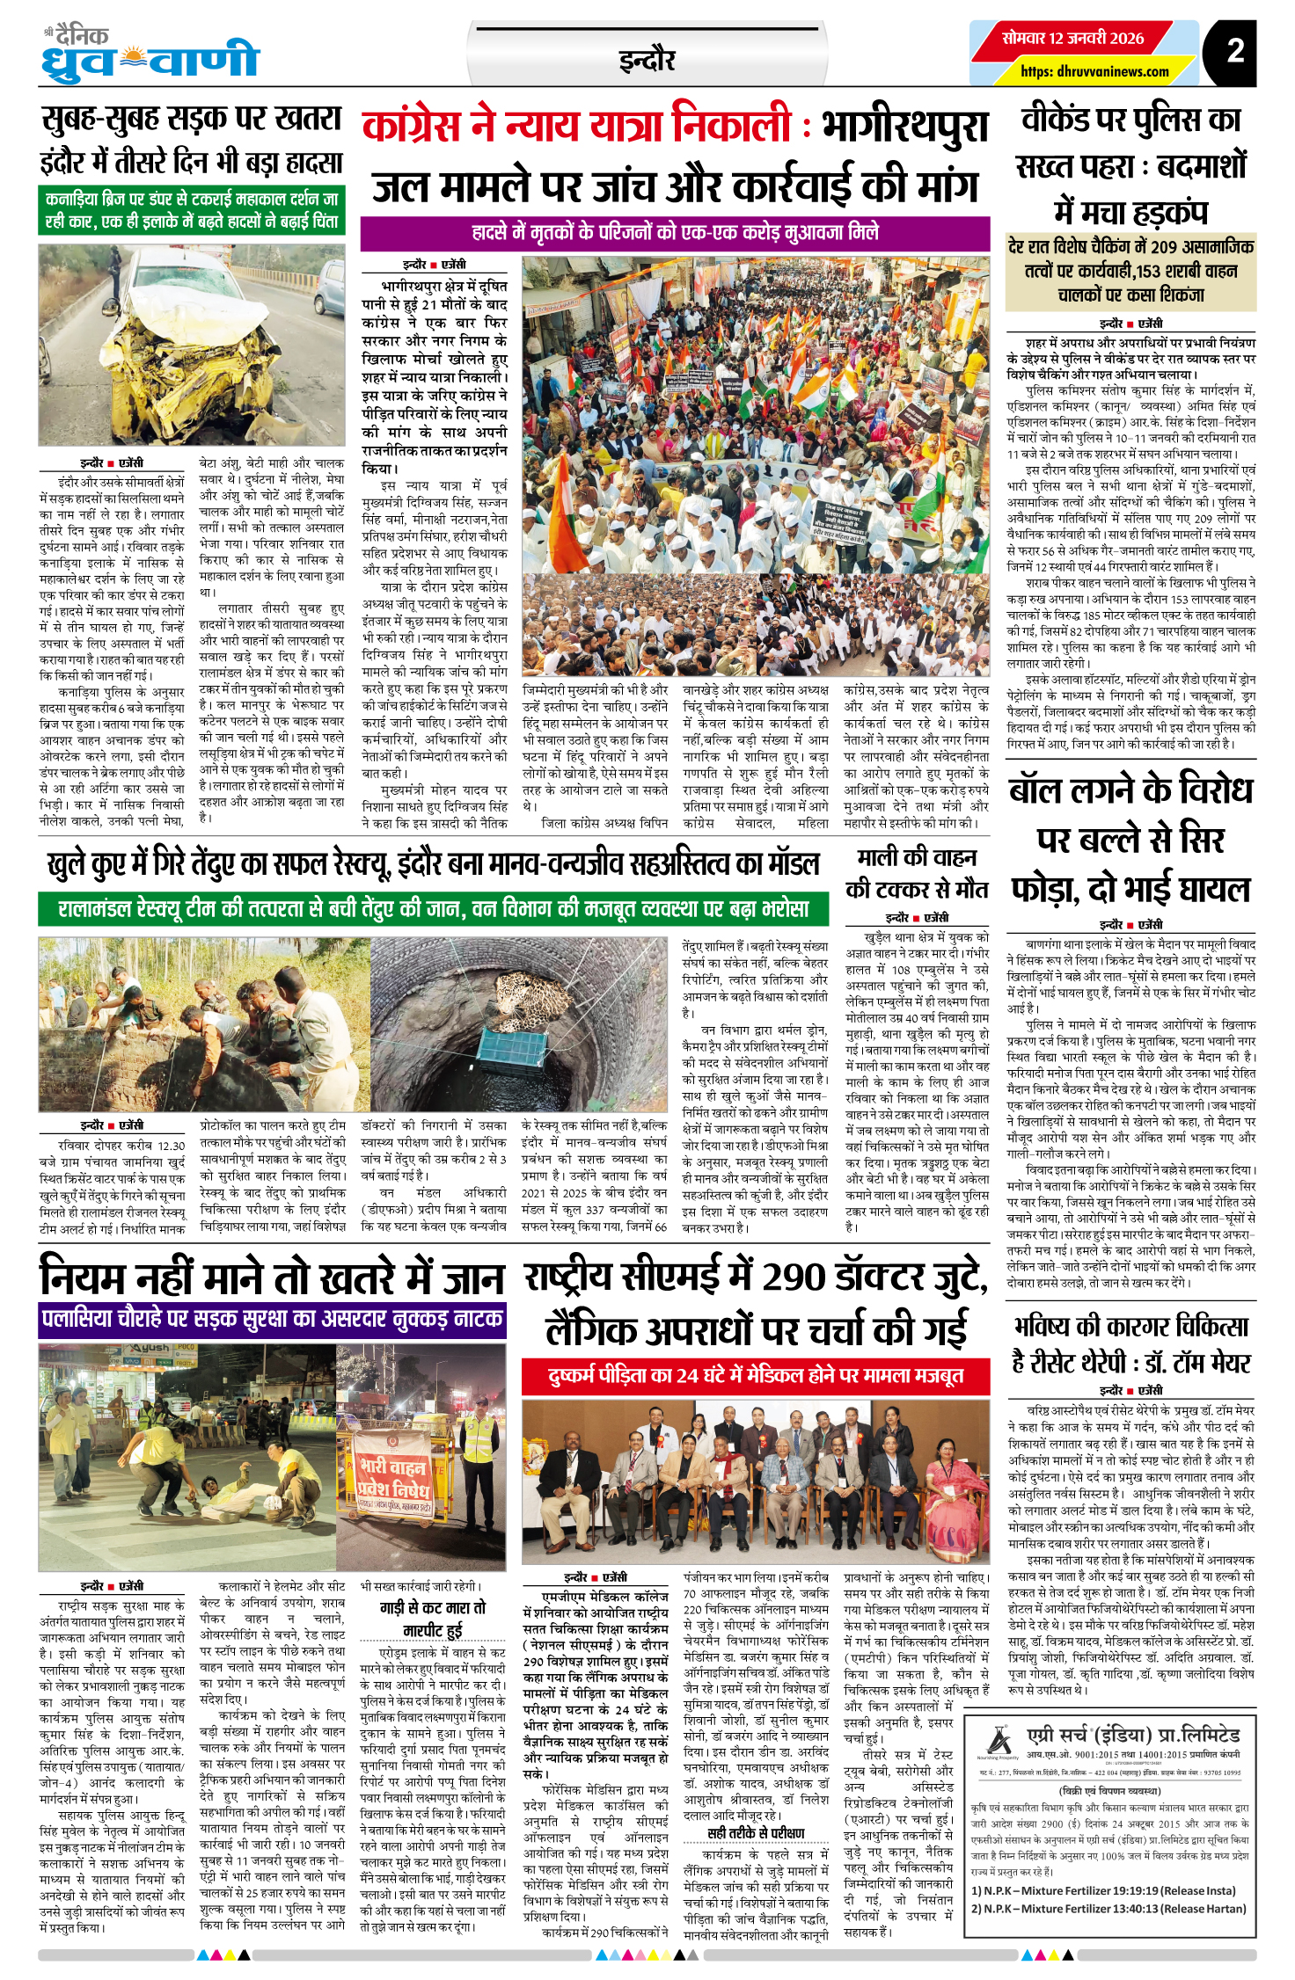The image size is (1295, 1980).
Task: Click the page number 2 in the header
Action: (x=1235, y=50)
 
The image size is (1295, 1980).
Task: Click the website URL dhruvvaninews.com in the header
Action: (x=1094, y=71)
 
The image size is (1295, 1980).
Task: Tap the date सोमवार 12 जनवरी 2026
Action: (x=1072, y=38)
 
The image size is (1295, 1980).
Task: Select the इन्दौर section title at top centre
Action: (x=647, y=60)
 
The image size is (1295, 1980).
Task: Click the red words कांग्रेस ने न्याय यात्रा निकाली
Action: (x=577, y=125)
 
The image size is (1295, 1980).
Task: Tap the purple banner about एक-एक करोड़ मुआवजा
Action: (x=675, y=233)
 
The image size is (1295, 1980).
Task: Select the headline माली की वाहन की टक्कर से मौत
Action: (x=916, y=872)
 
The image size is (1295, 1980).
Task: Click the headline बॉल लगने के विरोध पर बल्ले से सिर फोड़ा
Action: (x=1130, y=840)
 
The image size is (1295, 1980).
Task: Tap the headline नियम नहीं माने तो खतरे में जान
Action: (x=272, y=1277)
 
